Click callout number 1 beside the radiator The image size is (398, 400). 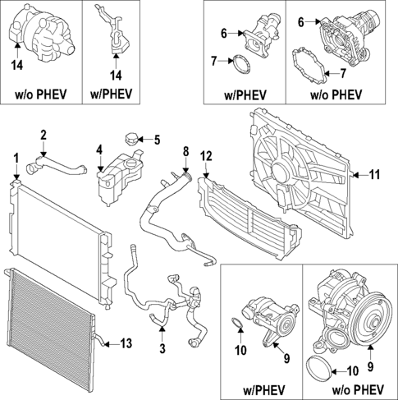tap(15, 156)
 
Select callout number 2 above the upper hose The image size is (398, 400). tap(43, 135)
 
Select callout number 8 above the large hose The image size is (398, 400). tap(185, 152)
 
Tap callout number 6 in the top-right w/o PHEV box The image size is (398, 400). tap(300, 21)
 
